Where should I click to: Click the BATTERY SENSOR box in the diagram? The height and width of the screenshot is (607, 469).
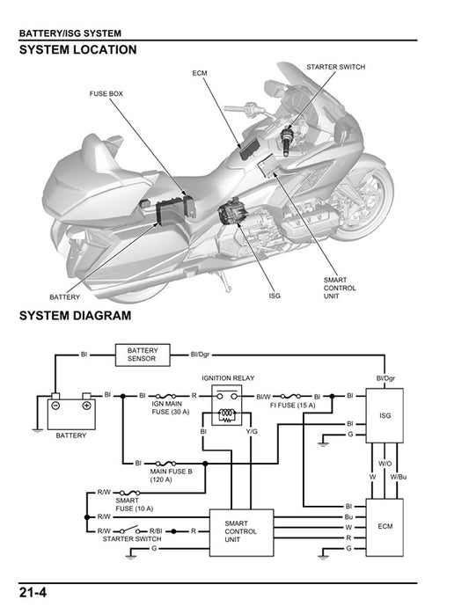[x=143, y=355]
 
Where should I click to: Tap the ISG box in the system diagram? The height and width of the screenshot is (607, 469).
[x=385, y=415]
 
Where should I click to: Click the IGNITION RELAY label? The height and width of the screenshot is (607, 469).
[x=228, y=377]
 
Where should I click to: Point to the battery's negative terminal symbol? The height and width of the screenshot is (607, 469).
[x=55, y=406]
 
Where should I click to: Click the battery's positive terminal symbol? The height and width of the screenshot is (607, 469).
[x=86, y=406]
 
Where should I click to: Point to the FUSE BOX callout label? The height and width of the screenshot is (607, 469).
[x=106, y=92]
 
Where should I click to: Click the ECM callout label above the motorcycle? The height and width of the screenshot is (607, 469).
[x=200, y=73]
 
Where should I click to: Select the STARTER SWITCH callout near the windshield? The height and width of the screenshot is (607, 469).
[x=335, y=67]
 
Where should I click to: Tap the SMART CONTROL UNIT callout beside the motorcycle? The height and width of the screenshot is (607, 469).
[x=340, y=288]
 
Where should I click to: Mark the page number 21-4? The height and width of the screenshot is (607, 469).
[x=32, y=592]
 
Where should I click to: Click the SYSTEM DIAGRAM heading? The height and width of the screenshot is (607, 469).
[x=75, y=315]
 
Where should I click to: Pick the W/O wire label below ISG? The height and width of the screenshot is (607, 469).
[x=385, y=462]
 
